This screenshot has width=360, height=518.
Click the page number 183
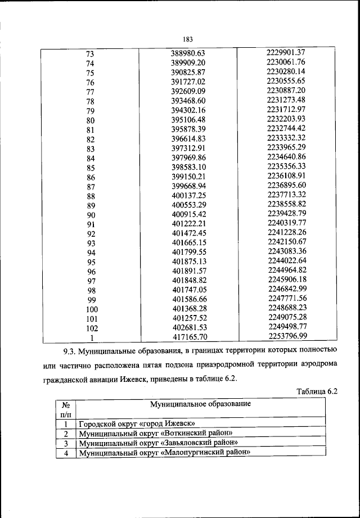pos(188,39)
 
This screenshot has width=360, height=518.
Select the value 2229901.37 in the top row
pos(286,52)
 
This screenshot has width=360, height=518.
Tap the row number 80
pos(90,121)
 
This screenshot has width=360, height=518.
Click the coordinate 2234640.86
pos(286,157)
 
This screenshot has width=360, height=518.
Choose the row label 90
pos(90,215)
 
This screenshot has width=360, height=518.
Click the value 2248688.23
pos(286,308)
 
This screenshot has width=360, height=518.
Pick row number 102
pos(90,328)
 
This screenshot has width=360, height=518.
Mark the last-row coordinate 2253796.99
pos(286,336)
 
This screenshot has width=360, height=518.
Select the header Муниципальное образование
pos(200,404)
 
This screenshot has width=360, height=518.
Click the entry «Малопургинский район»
pos(164,452)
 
